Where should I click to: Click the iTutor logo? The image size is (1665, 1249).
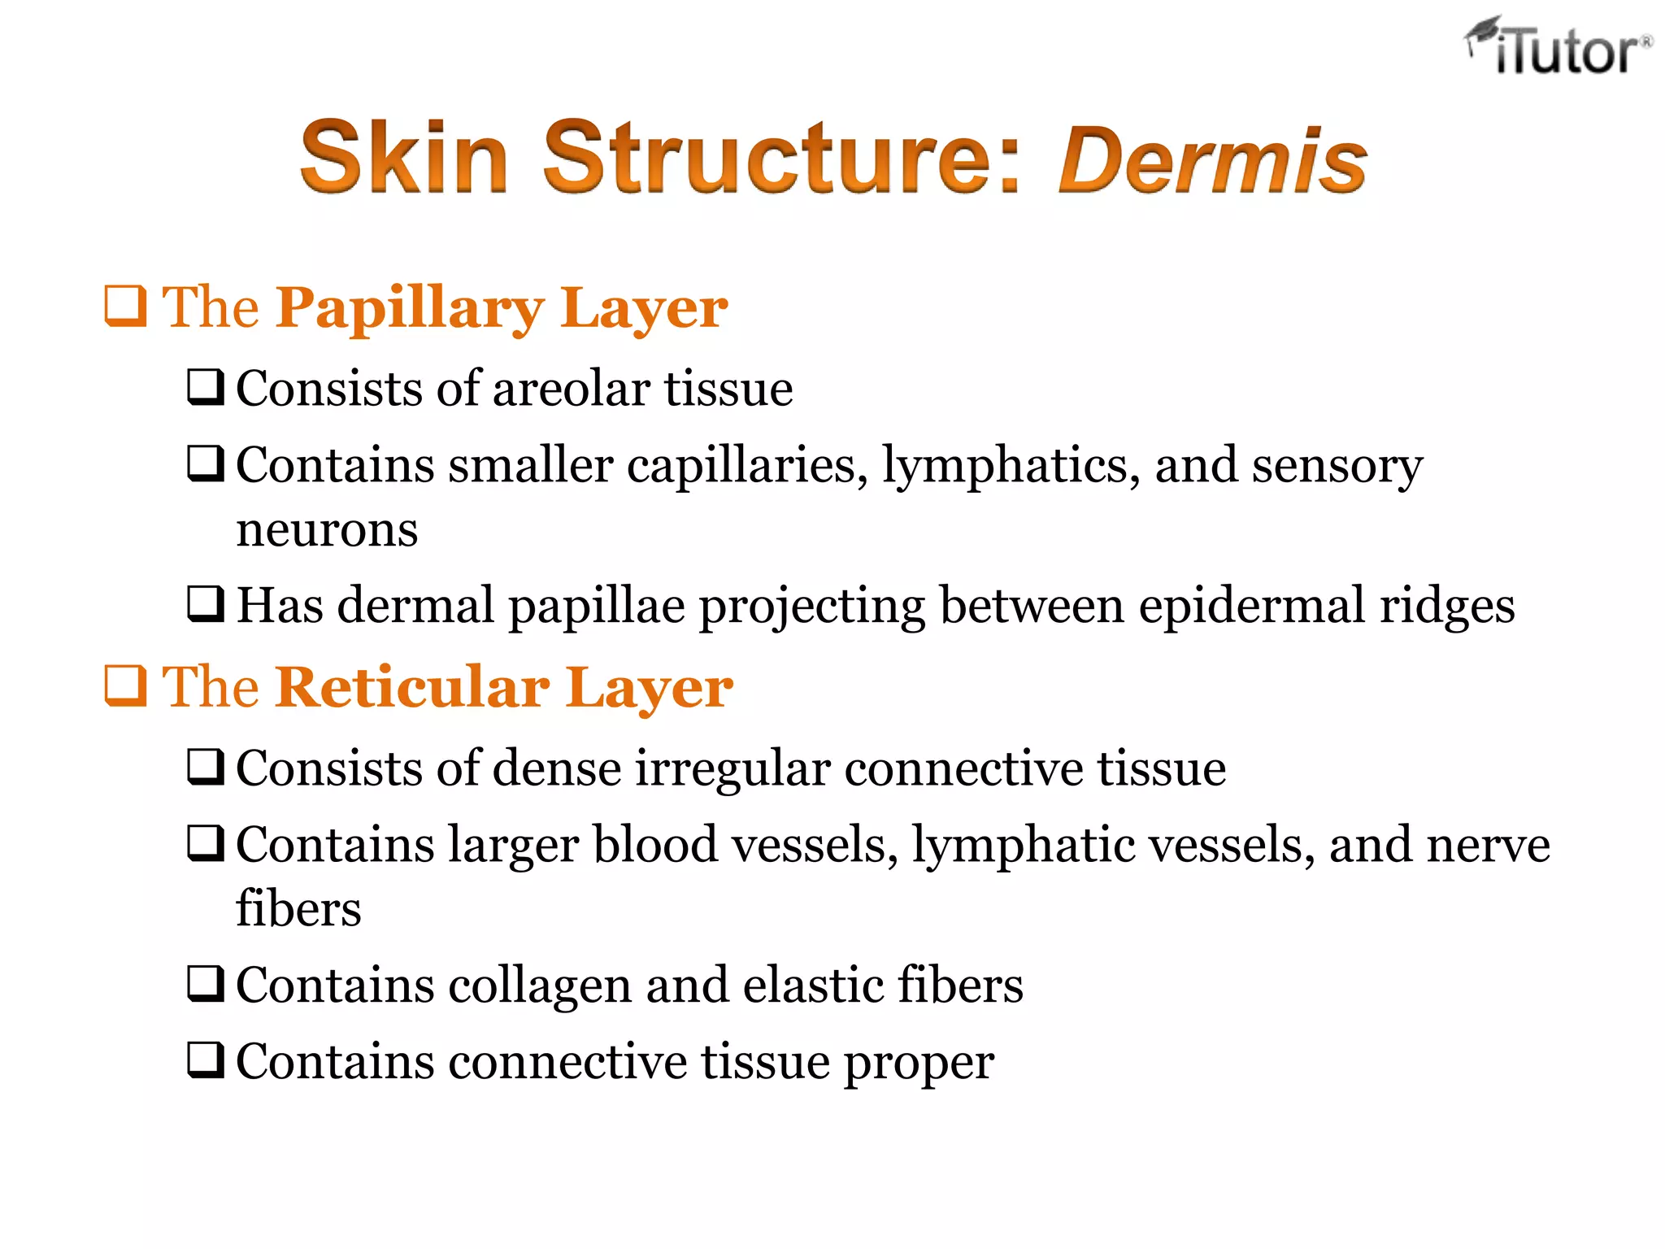[1558, 47]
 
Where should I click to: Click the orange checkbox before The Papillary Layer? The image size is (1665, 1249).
[126, 307]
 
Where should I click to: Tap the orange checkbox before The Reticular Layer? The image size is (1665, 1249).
[126, 686]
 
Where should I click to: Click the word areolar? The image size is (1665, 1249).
[570, 388]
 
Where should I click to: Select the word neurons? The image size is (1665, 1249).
[327, 530]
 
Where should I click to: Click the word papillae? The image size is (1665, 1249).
[597, 607]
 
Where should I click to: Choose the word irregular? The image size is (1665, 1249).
[733, 768]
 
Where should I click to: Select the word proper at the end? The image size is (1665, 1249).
[919, 1064]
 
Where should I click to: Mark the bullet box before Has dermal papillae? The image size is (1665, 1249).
[206, 603]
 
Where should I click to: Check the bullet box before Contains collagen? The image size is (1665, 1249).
[206, 983]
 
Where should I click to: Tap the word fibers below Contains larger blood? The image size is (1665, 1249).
[298, 909]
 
